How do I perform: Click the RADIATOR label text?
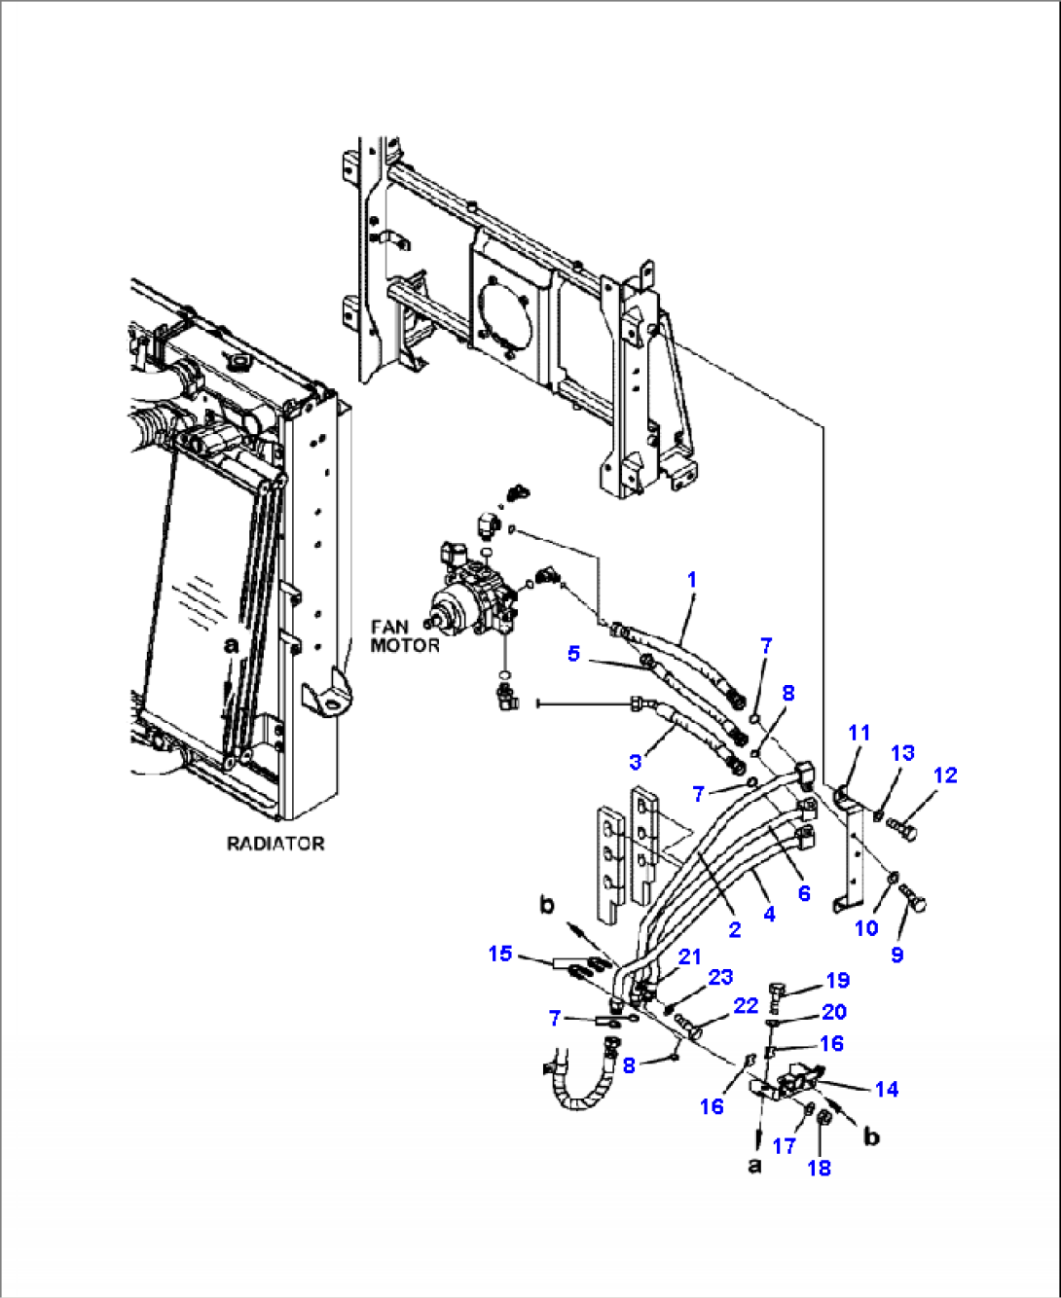coord(275,844)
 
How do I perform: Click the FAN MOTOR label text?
coord(404,635)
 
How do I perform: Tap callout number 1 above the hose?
coord(692,580)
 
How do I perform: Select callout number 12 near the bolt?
coord(944,775)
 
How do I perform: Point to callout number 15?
coord(499,954)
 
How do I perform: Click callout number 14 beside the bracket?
coord(886,1089)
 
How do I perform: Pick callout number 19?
coord(837,980)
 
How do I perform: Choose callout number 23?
coord(720,977)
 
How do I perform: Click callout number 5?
coord(574,653)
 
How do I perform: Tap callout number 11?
coord(859,733)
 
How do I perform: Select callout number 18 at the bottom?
coord(820,1168)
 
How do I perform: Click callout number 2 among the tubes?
coord(735,929)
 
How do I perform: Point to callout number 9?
coord(896,955)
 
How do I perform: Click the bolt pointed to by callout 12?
coord(902,828)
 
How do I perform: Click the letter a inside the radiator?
coord(231,645)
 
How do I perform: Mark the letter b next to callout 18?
coord(871,1136)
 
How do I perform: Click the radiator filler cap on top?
coord(240,364)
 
